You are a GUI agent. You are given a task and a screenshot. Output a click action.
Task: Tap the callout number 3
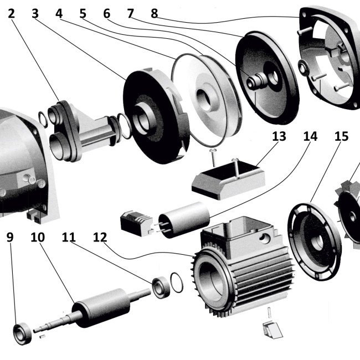(35, 13)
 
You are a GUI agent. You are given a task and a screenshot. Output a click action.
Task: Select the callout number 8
(155, 13)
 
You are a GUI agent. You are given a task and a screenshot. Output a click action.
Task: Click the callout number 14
(310, 136)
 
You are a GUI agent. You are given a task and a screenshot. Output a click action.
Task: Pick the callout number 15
(342, 136)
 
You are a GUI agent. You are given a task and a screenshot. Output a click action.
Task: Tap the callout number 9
(10, 238)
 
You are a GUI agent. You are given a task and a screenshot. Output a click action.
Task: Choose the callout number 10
(38, 238)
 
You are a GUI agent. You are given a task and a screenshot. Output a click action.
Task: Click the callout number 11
(69, 238)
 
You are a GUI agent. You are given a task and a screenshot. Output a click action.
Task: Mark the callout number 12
(100, 238)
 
